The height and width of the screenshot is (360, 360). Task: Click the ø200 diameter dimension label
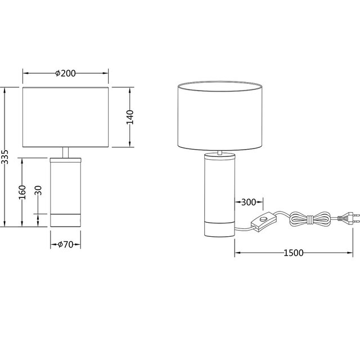tap(66, 73)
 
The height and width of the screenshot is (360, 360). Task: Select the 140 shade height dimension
tap(129, 117)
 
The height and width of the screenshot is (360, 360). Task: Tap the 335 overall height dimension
tap(5, 157)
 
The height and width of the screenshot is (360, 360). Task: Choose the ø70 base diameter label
tap(66, 244)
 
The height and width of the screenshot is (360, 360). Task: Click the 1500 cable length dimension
tap(292, 253)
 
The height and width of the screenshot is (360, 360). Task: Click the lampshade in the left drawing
tap(66, 117)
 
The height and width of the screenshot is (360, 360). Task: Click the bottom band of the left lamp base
tap(66, 220)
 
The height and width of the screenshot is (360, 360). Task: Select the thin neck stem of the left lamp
tap(66, 152)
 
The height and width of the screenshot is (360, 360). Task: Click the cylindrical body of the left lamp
tap(66, 186)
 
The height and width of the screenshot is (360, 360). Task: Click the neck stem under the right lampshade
tap(219, 151)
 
